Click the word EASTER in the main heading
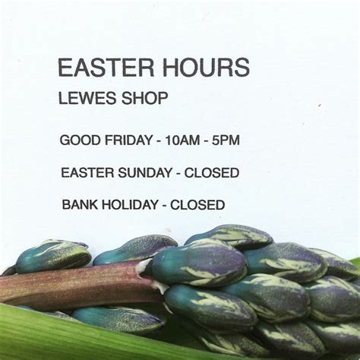click(x=106, y=68)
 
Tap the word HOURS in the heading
click(x=206, y=68)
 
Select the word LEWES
click(x=88, y=98)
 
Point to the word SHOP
click(x=145, y=98)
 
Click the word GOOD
click(x=80, y=140)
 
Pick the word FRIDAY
click(x=128, y=140)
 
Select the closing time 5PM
click(x=226, y=141)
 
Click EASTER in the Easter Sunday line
click(x=87, y=172)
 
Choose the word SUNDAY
click(x=145, y=172)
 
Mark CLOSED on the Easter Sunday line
click(x=212, y=172)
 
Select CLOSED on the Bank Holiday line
click(x=197, y=204)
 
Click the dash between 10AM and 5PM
click(x=206, y=141)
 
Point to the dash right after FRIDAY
click(x=159, y=141)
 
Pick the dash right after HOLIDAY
click(x=164, y=206)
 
